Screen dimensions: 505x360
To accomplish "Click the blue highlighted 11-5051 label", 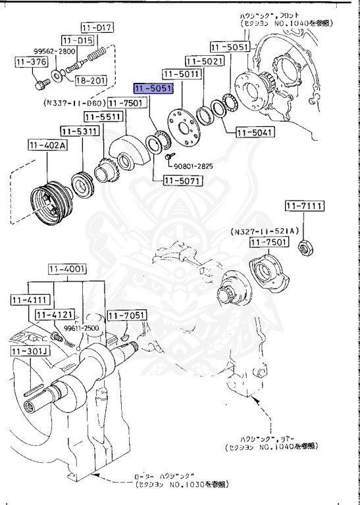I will (x=153, y=88).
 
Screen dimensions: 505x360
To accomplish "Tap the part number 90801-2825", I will (x=193, y=166).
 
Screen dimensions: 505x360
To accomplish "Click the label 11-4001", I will (x=67, y=269).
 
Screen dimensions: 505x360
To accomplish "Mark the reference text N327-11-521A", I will (x=265, y=231).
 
